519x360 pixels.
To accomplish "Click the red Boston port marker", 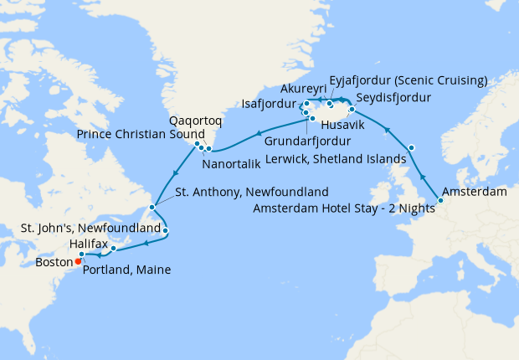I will point(78,260).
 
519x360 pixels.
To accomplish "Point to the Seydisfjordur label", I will point(397,98).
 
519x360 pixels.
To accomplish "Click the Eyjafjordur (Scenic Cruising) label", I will point(408,81).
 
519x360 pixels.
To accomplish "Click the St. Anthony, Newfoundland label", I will point(251,192).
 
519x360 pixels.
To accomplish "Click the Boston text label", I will point(54,261).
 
